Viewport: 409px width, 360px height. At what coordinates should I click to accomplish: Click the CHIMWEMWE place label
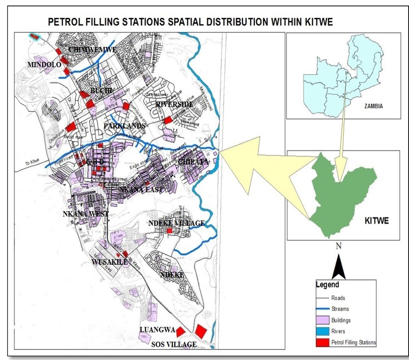click(x=92, y=50)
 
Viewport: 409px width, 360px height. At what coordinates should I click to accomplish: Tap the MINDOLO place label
click(x=44, y=65)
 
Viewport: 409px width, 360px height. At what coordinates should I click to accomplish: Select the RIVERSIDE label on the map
click(x=174, y=104)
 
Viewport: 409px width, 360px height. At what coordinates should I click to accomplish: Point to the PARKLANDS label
click(x=124, y=126)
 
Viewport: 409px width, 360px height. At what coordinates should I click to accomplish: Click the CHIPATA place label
click(x=193, y=162)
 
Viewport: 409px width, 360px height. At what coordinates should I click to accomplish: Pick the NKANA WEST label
click(x=86, y=214)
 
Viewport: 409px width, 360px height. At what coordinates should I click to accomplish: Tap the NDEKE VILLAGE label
click(x=176, y=223)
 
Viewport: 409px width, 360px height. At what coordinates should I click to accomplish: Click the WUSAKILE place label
click(x=109, y=262)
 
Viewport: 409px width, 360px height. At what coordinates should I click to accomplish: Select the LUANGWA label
click(x=157, y=330)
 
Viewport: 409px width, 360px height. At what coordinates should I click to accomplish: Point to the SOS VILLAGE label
click(x=174, y=344)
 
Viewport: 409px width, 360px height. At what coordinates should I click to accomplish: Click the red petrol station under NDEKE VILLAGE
click(x=170, y=231)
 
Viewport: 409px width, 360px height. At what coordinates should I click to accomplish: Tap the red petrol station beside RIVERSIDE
click(x=168, y=120)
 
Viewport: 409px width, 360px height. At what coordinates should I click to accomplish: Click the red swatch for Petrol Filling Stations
click(x=322, y=342)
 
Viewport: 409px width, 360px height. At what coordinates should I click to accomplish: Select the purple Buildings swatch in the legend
click(x=322, y=320)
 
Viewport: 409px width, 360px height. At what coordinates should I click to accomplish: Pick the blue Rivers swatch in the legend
click(x=322, y=331)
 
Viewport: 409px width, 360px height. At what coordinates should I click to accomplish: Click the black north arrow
click(x=338, y=267)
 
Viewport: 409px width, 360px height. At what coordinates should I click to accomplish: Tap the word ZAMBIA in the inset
click(x=373, y=106)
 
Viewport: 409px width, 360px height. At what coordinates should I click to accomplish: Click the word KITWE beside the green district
click(x=376, y=221)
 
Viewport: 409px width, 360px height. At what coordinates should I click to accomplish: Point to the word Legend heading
click(x=327, y=285)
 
